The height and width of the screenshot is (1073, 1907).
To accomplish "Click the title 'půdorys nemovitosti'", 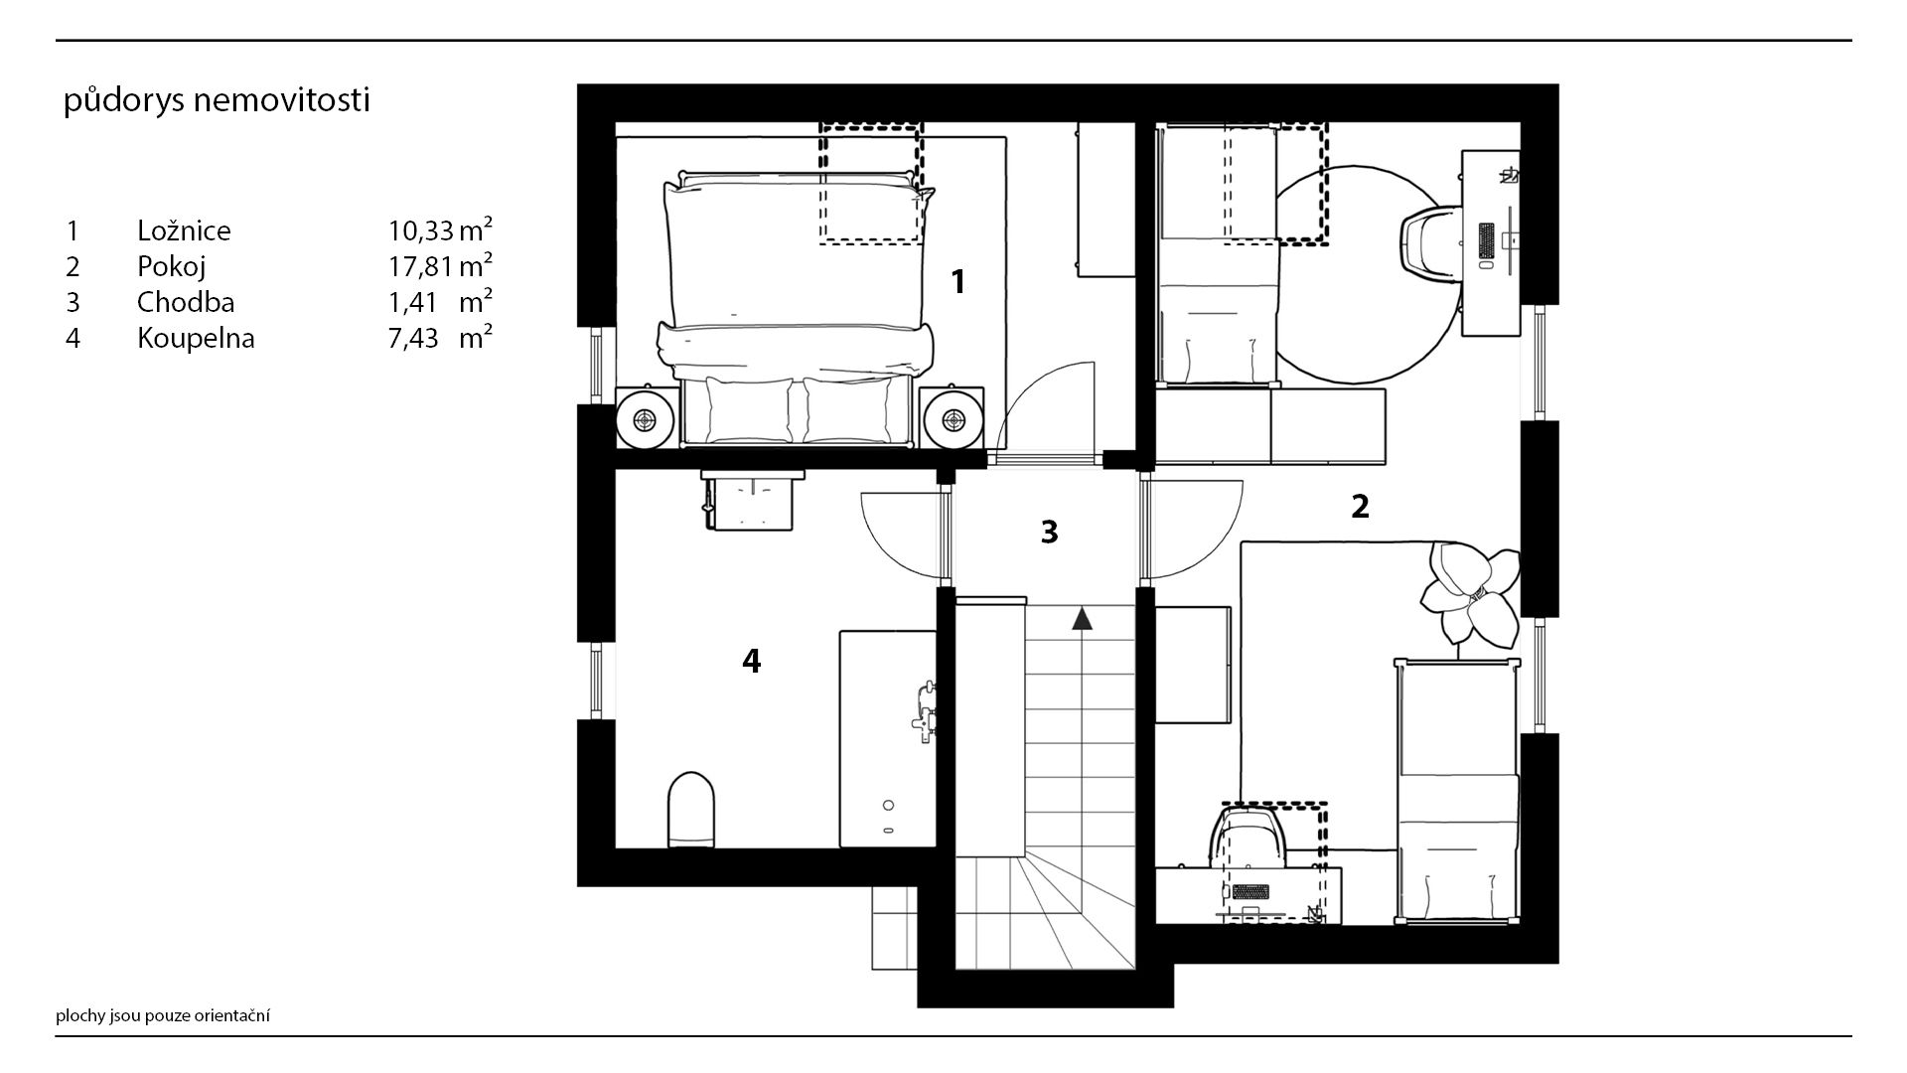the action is [x=217, y=101].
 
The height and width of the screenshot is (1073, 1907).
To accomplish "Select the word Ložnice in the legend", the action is [x=184, y=230].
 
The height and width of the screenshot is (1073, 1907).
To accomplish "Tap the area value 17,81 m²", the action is [x=441, y=265].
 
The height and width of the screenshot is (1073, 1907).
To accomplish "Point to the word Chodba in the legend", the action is [x=186, y=301].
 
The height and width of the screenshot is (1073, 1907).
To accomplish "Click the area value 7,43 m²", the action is [x=441, y=337].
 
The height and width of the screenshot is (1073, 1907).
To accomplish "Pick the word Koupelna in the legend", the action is [x=196, y=338].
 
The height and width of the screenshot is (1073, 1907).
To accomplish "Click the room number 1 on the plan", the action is [x=957, y=282].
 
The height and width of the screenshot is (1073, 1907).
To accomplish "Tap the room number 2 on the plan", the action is [x=1360, y=507].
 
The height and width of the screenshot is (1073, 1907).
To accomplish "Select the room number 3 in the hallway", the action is [x=1049, y=533].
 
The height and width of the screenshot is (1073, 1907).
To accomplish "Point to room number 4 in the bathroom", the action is [x=752, y=661].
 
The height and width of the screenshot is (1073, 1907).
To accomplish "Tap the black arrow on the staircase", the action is [x=1082, y=619].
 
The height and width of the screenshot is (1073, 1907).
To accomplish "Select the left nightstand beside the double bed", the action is [x=647, y=418].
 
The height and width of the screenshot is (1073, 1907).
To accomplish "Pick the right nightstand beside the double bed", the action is [x=953, y=418].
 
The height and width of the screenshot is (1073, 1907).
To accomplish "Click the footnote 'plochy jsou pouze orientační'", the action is [x=163, y=1015].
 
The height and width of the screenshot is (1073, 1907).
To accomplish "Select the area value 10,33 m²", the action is [x=441, y=230].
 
